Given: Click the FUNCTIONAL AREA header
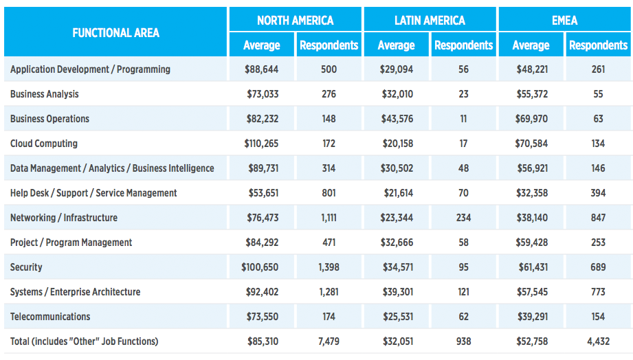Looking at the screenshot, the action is click(116, 33).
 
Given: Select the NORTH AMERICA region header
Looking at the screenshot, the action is click(295, 21).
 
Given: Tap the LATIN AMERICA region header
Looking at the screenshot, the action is click(430, 21).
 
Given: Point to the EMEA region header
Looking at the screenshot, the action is click(564, 21).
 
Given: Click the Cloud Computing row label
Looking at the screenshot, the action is click(44, 144).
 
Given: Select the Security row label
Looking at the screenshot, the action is click(26, 267).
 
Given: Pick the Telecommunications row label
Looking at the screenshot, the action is click(50, 317).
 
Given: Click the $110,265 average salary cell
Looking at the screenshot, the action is click(261, 144).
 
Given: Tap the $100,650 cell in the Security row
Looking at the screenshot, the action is click(260, 267).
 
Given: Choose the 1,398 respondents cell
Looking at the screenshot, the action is click(329, 267).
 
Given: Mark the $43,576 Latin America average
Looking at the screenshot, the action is click(397, 119).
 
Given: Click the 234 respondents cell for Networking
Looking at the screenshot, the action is click(463, 218).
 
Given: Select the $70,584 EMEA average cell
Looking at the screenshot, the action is click(531, 144).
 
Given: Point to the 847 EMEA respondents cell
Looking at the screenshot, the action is click(598, 218).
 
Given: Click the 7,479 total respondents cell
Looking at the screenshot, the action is click(329, 341).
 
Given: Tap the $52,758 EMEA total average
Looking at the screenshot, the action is click(532, 341).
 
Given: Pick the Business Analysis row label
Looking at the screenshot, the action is click(45, 94).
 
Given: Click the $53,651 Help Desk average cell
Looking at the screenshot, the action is click(263, 193).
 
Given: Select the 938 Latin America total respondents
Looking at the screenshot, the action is click(463, 341).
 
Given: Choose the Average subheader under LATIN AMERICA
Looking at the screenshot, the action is click(396, 45).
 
